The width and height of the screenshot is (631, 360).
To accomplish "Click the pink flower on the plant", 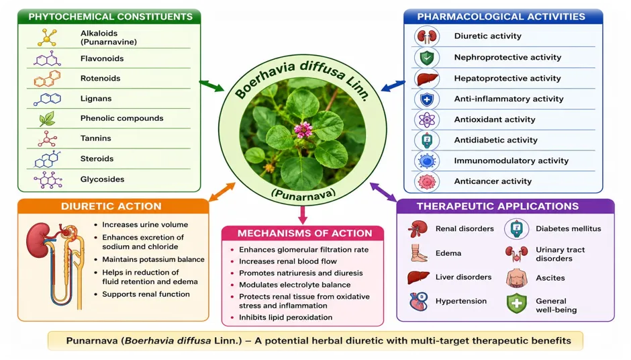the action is tap(303, 130).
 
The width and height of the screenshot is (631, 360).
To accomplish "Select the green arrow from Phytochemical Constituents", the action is tap(211, 86).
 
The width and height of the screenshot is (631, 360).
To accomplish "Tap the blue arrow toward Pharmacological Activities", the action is tap(393, 86).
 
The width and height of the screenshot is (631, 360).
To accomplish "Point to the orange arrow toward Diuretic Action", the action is tap(222, 191).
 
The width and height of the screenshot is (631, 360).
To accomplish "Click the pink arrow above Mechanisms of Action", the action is tap(303, 215).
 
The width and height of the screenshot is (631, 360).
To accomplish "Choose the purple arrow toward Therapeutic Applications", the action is tap(383, 191).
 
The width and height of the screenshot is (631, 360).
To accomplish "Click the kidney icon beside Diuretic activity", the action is tap(427, 36).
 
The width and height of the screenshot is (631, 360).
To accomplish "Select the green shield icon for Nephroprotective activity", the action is tap(427, 58).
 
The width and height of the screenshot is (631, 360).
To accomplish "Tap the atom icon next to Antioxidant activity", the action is tap(426, 120).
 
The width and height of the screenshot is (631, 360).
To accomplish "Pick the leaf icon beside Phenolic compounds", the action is tap(47, 119).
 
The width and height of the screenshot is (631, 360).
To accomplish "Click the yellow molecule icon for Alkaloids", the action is tap(48, 38).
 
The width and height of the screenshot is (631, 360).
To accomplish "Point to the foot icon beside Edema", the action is tap(418, 253).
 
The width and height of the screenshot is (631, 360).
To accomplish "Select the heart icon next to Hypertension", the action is tap(418, 301).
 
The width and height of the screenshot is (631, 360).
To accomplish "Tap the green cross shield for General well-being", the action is tap(517, 304).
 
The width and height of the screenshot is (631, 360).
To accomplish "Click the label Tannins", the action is tap(96, 138).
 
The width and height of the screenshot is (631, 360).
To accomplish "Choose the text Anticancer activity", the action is tap(493, 181).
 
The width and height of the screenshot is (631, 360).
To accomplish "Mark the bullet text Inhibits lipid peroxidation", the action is tap(286, 317).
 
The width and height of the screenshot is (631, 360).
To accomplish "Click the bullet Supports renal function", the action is tap(146, 294).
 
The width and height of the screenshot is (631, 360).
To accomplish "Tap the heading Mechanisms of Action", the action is tap(305, 233).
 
